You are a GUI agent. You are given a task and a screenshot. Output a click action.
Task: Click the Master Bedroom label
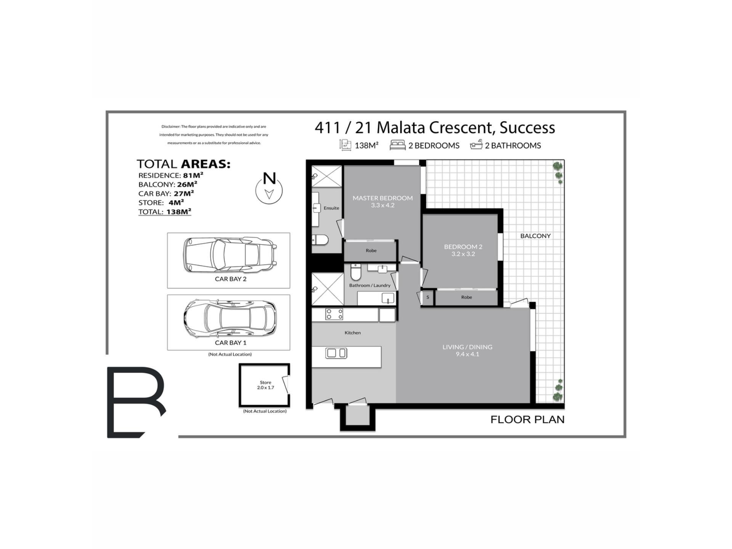(382, 201)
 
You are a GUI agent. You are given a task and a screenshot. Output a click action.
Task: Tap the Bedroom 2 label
(463, 250)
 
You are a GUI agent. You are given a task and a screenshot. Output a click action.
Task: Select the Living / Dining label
(467, 350)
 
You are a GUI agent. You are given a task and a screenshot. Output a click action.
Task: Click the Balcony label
(535, 236)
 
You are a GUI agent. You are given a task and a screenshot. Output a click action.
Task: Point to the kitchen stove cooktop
(334, 314)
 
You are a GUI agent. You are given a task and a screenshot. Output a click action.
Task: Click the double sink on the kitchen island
(336, 353)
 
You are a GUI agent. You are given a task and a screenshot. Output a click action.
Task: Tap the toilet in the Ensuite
(320, 240)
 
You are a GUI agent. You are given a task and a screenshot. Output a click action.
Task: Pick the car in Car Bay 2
(230, 255)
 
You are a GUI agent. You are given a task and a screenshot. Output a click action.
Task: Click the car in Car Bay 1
(230, 318)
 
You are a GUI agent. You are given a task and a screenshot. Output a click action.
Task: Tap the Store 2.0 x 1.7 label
(265, 385)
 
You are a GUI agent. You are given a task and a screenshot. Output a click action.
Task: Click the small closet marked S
(428, 297)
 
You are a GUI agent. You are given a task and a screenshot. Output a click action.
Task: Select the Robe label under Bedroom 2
(466, 297)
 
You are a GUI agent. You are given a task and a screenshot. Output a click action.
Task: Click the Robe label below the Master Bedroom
(371, 250)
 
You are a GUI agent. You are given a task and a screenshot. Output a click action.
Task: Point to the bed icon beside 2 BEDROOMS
(397, 145)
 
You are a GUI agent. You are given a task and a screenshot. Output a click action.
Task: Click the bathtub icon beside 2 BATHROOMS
(476, 145)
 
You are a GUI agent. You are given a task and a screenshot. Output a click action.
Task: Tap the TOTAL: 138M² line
(165, 212)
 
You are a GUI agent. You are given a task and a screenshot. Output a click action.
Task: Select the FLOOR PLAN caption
(527, 420)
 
